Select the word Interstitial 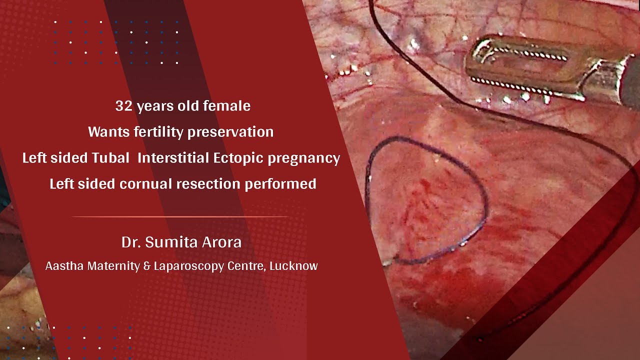click(x=173, y=158)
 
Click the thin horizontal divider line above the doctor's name click(x=180, y=216)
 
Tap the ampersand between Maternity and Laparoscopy click(x=146, y=266)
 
